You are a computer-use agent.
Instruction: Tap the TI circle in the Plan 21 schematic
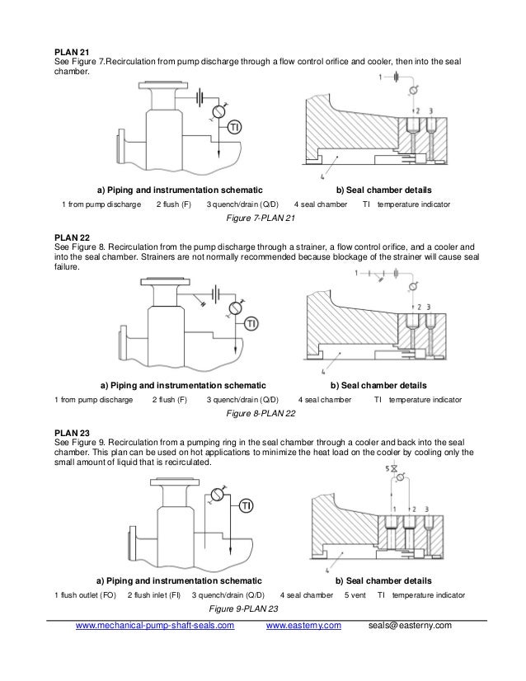[235, 128]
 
